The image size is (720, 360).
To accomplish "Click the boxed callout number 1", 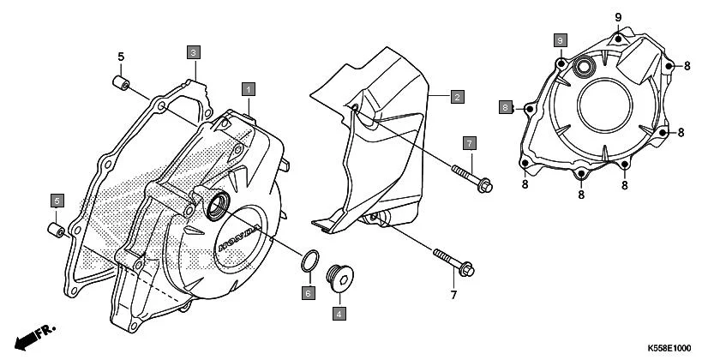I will coord(248,88).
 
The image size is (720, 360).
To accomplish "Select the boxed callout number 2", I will coord(458,97).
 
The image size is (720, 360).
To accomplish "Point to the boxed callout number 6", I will coord(307,293).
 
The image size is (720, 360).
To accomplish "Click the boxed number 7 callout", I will coord(470,141).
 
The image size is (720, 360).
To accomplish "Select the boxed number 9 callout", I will coord(560,40).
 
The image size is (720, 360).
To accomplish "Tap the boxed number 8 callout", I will coord(507,107).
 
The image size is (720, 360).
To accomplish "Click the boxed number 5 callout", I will coord(56,201).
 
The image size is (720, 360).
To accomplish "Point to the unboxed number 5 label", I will coord(121,57).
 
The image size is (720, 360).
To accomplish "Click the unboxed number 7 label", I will coord(453,296).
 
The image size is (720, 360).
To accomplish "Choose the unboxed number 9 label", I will coord(617,17).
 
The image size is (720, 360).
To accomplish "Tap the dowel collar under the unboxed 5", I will coord(121,83).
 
